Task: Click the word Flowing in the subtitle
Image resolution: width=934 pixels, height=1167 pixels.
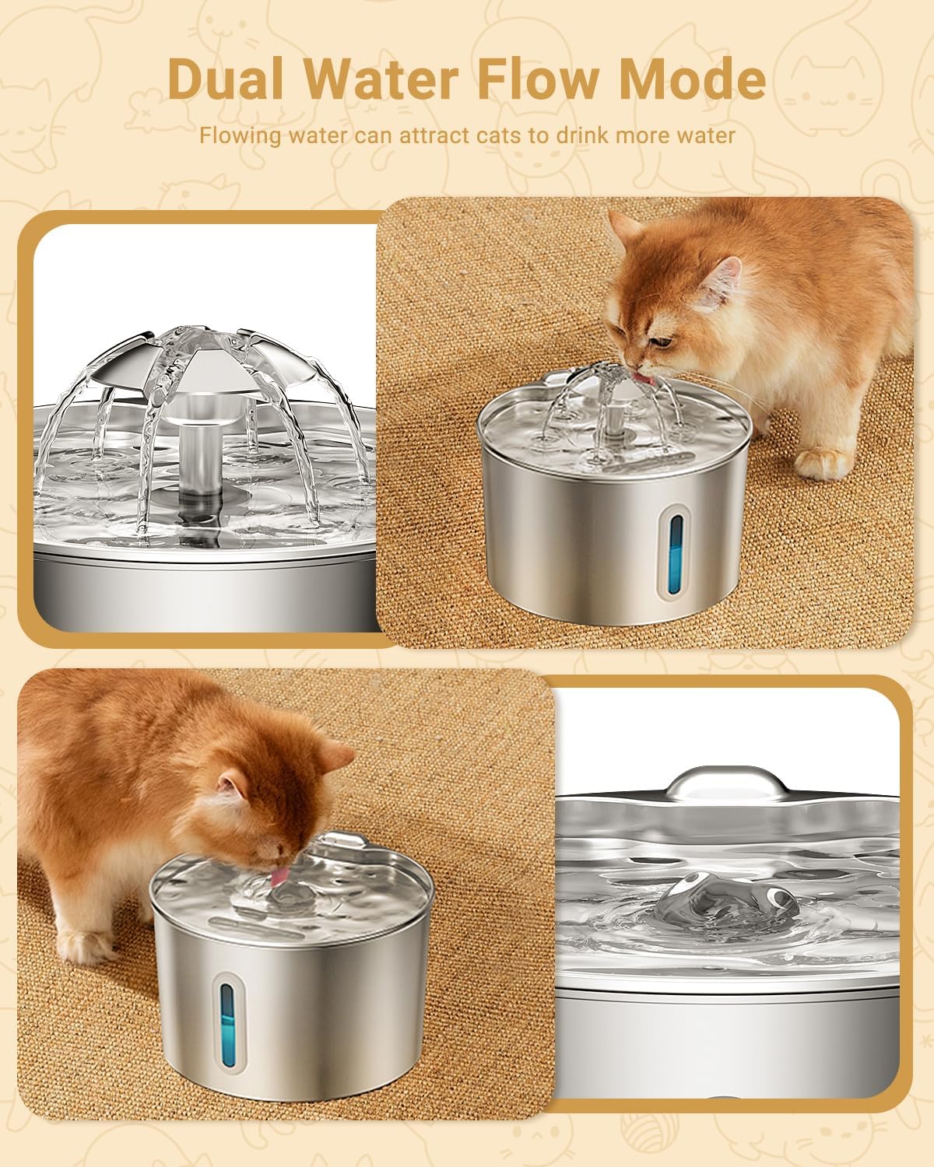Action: [240, 135]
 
